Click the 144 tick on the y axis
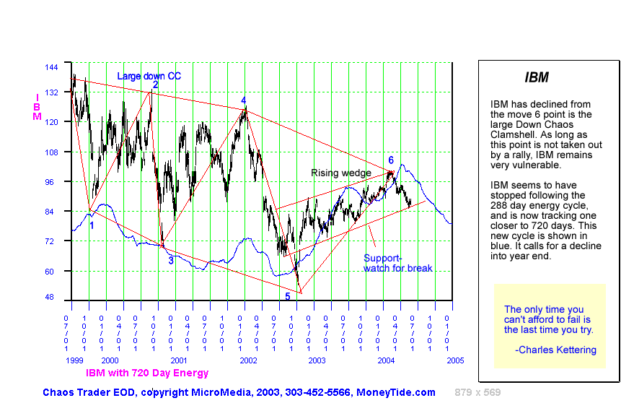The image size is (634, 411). pos(52,66)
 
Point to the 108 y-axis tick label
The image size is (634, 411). pos(52,152)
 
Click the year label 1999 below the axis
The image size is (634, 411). pos(74,360)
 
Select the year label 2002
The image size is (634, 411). pos(248,360)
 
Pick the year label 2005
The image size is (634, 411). pos(454,360)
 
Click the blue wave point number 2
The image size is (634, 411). pos(155,85)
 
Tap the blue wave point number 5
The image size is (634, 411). pos(287,296)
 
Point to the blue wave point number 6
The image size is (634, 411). pos(391,160)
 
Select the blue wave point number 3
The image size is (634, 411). pos(171,260)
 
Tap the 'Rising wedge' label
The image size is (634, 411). pos(340,173)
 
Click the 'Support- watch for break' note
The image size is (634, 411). pos(397,263)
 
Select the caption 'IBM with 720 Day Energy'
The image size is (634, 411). pos(147,373)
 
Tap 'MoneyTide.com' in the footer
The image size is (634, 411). pos(396,392)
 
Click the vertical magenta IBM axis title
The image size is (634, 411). pos(37,106)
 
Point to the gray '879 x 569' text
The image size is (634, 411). pos(477,392)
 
